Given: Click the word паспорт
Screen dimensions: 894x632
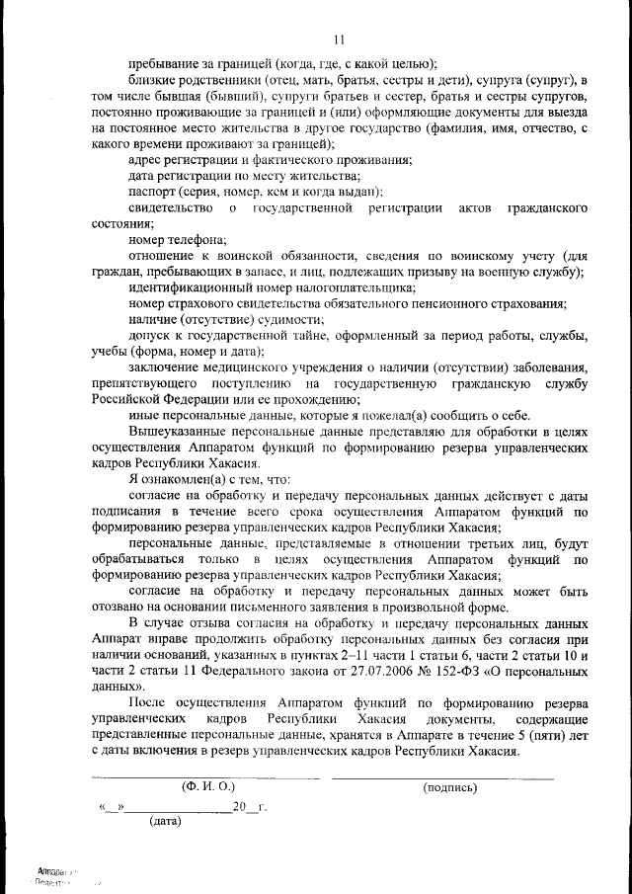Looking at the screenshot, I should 152,191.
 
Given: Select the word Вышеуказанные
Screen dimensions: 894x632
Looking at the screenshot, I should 179,432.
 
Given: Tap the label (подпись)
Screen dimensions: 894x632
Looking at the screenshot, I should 449,787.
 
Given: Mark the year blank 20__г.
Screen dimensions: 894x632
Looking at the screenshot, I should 249,806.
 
